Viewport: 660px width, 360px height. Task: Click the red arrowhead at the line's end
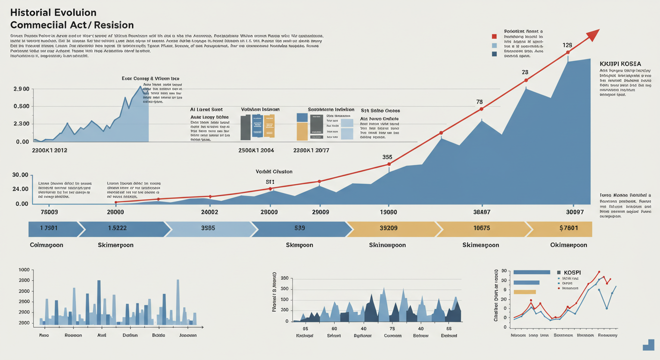click(x=593, y=34)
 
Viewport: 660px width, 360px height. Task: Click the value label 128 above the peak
click(x=567, y=45)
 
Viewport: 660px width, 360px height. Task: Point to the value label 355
click(x=387, y=157)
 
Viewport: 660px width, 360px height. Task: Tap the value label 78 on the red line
click(x=479, y=102)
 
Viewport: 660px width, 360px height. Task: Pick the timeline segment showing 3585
click(x=208, y=228)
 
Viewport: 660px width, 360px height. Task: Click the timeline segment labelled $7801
click(x=568, y=228)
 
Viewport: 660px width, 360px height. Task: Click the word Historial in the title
click(x=31, y=13)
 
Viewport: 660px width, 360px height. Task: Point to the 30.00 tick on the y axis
click(x=20, y=175)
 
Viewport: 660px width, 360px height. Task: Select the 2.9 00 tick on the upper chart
click(x=21, y=89)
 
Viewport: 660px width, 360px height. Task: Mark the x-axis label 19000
click(x=388, y=212)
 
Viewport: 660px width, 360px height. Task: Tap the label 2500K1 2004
click(x=256, y=150)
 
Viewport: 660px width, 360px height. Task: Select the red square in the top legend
click(x=494, y=36)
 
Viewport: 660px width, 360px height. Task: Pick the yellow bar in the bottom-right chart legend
click(x=525, y=292)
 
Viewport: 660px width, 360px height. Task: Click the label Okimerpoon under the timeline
click(x=568, y=245)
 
